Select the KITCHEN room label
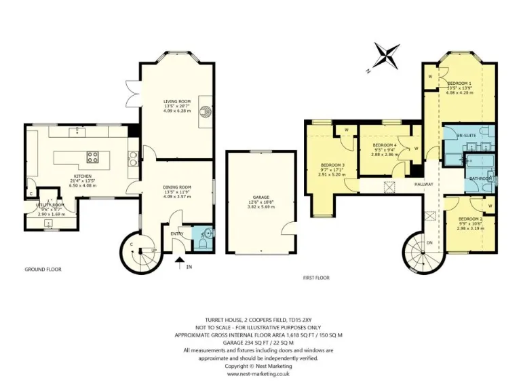click(x=82, y=175)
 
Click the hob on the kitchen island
click(x=92, y=159)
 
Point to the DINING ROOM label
click(x=177, y=187)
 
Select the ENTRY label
click(x=177, y=234)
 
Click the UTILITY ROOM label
click(x=50, y=204)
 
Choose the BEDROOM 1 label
click(x=459, y=83)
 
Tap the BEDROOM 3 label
click(x=332, y=165)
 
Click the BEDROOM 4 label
click(x=385, y=145)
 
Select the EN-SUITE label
click(x=466, y=136)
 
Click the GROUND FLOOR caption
click(x=43, y=269)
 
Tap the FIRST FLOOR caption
click(x=316, y=278)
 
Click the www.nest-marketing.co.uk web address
click(x=258, y=373)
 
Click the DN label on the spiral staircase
click(x=429, y=242)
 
